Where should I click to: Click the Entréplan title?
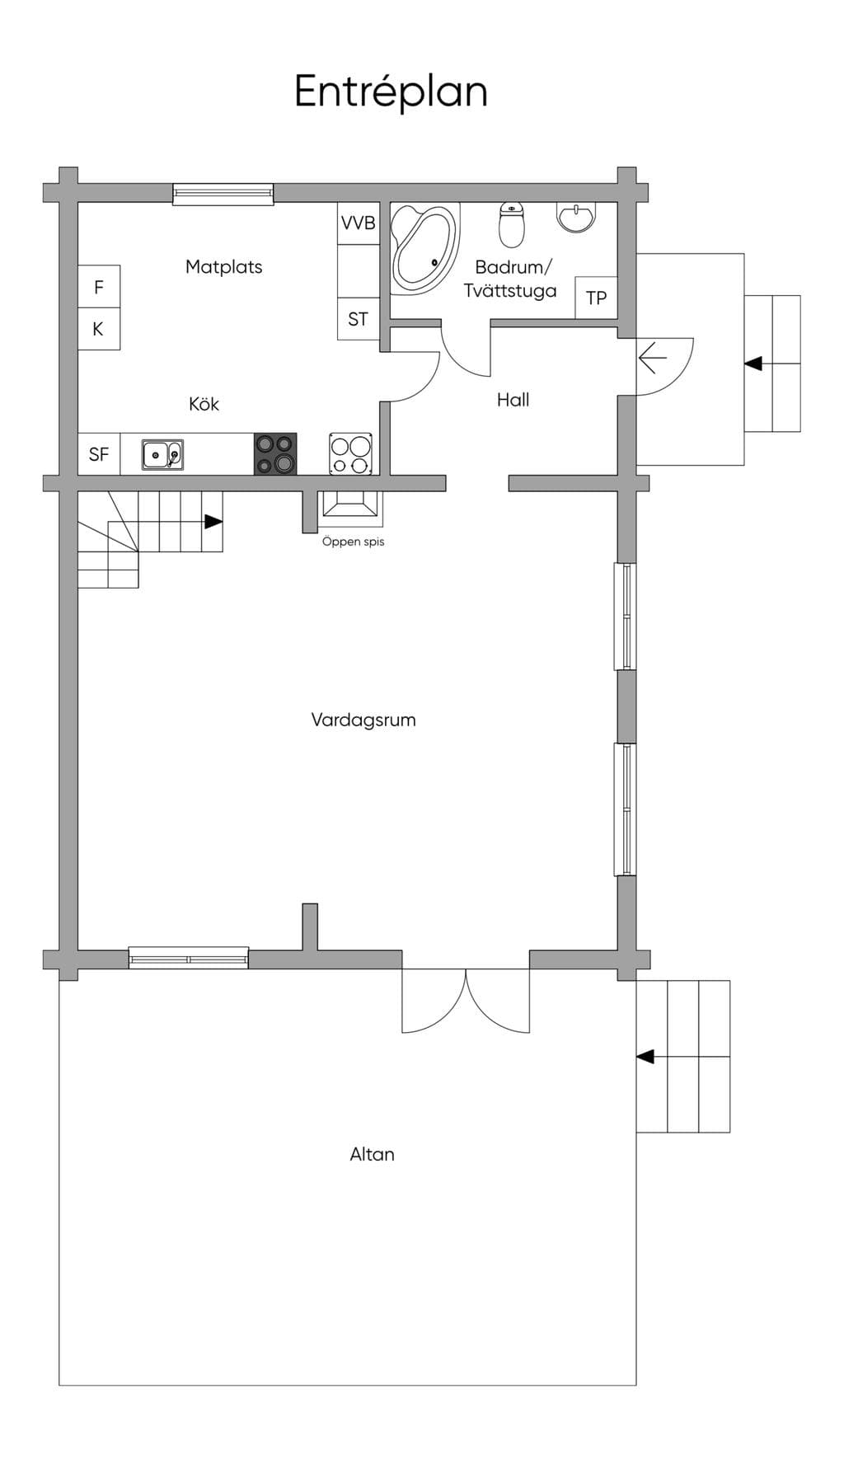[x=391, y=91]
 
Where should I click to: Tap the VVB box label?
[x=359, y=223]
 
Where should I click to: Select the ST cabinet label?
[x=358, y=319]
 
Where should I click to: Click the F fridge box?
[x=99, y=287]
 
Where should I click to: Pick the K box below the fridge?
[x=99, y=329]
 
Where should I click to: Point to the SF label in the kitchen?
[x=99, y=454]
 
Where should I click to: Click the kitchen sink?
[x=162, y=454]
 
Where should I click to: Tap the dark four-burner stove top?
[x=275, y=454]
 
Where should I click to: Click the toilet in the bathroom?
[x=512, y=225]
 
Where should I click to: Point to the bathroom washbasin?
[x=576, y=218]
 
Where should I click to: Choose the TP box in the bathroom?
[x=596, y=298]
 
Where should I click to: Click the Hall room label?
[x=513, y=400]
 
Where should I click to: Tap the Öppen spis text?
[x=353, y=542]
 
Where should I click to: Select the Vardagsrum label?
[x=363, y=720]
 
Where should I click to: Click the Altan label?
[x=372, y=1154]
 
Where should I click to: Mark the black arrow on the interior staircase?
[x=213, y=522]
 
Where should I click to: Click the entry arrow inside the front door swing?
[x=653, y=359]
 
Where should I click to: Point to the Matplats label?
[x=223, y=267]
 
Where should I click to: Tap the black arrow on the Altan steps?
[x=645, y=1057]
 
